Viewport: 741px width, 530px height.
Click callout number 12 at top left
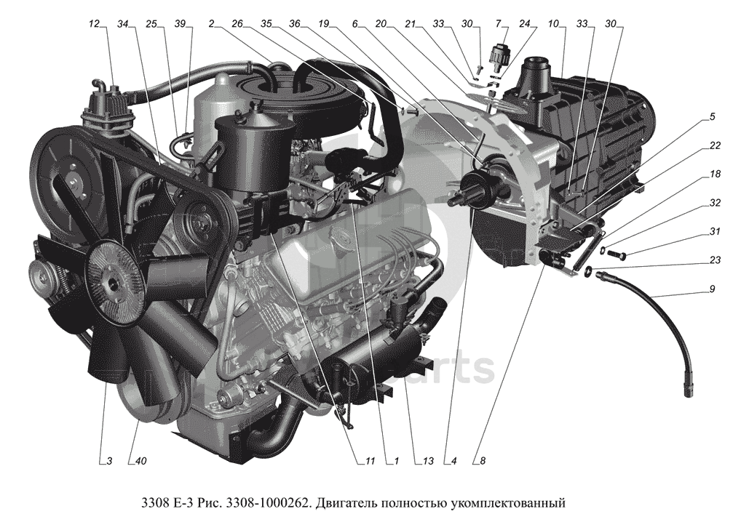coord(95,23)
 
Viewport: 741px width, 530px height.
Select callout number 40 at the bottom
coord(140,461)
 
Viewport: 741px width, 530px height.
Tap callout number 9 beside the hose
coord(712,289)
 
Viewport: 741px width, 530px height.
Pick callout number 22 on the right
coord(712,117)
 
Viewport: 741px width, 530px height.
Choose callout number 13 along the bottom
coord(428,461)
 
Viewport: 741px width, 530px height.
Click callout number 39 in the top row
coord(180,23)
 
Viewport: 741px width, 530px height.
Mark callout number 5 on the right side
coord(712,117)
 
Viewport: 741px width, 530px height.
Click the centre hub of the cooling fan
coord(112,284)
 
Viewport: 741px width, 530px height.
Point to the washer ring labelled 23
coord(590,271)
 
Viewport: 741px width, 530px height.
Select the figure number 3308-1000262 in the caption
coord(269,502)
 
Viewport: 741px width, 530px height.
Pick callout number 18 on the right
coord(715,174)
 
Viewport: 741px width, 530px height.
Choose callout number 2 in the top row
coord(211,23)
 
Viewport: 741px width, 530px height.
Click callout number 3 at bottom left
coord(109,461)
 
